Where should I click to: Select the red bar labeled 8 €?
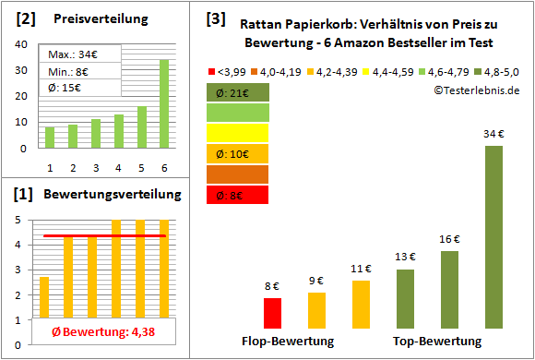point(272,313)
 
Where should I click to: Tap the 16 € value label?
point(449,239)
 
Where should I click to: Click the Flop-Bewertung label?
point(288,342)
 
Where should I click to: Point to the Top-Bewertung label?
point(437,342)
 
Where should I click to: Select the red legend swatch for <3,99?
point(214,70)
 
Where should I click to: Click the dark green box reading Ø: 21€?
point(238,92)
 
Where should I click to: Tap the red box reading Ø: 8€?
point(238,195)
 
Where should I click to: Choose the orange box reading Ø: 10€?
point(238,153)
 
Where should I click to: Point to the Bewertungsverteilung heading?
point(101,195)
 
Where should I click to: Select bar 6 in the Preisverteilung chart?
point(163,103)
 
